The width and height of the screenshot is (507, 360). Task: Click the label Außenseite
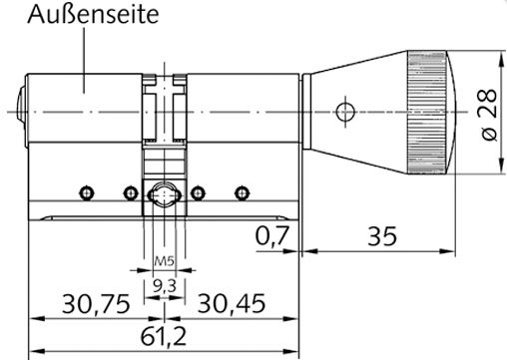tap(93, 15)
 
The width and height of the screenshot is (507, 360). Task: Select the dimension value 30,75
tap(96, 304)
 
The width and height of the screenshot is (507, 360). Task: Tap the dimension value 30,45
tap(232, 303)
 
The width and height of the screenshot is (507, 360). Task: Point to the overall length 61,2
tap(164, 336)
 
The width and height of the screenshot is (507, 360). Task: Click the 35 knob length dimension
tap(382, 236)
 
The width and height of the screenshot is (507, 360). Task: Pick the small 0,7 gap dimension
tap(272, 235)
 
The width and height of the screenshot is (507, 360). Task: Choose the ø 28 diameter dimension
tap(489, 115)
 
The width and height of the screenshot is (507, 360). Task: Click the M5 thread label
tap(165, 261)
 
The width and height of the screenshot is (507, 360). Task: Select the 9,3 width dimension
tap(165, 286)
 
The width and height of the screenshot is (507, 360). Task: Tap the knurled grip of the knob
tap(427, 113)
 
